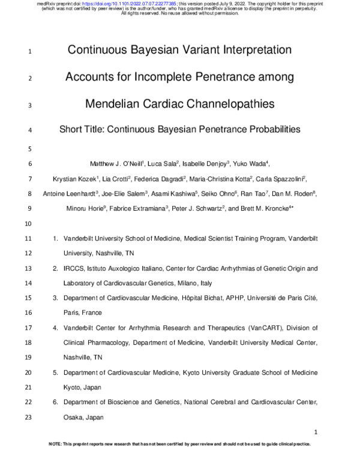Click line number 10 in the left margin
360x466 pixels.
(29, 223)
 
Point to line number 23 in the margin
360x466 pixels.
(29, 417)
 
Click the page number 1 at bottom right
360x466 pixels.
(316, 432)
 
